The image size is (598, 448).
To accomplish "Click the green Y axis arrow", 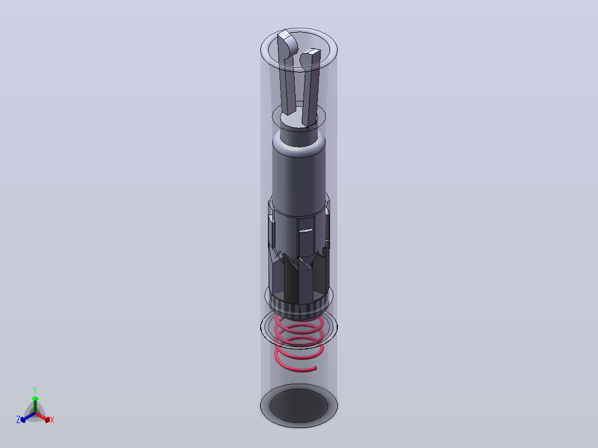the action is click(35, 404).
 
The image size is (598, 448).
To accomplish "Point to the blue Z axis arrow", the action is click(28, 417).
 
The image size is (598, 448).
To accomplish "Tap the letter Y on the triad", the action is click(35, 390).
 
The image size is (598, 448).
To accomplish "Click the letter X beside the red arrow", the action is click(52, 420).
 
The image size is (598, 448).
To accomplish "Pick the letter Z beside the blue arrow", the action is click(18, 420).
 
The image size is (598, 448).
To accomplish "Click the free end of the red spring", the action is click(315, 368).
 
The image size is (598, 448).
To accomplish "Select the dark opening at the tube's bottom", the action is click(298, 405).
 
